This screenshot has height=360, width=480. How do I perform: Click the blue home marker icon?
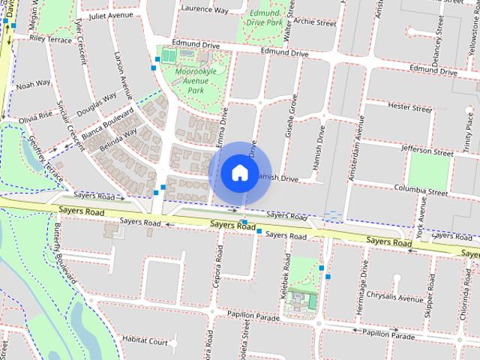click(239, 172)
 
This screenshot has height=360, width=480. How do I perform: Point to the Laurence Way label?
click(204, 10)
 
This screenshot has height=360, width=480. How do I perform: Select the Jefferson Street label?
click(428, 149)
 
